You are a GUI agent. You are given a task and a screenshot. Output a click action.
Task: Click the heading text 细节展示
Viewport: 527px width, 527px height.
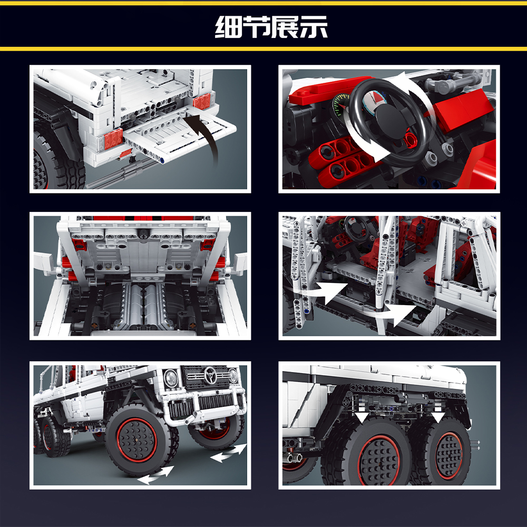271,26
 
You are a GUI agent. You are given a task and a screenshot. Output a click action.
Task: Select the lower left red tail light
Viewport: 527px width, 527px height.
113,139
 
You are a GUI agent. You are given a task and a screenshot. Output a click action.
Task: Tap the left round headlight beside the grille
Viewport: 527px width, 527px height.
171,378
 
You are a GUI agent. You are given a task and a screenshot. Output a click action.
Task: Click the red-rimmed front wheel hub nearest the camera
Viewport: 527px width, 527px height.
137,440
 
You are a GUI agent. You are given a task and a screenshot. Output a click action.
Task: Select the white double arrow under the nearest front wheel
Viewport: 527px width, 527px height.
156,475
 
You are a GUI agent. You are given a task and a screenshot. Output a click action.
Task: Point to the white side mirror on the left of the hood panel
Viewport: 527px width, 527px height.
44,262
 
